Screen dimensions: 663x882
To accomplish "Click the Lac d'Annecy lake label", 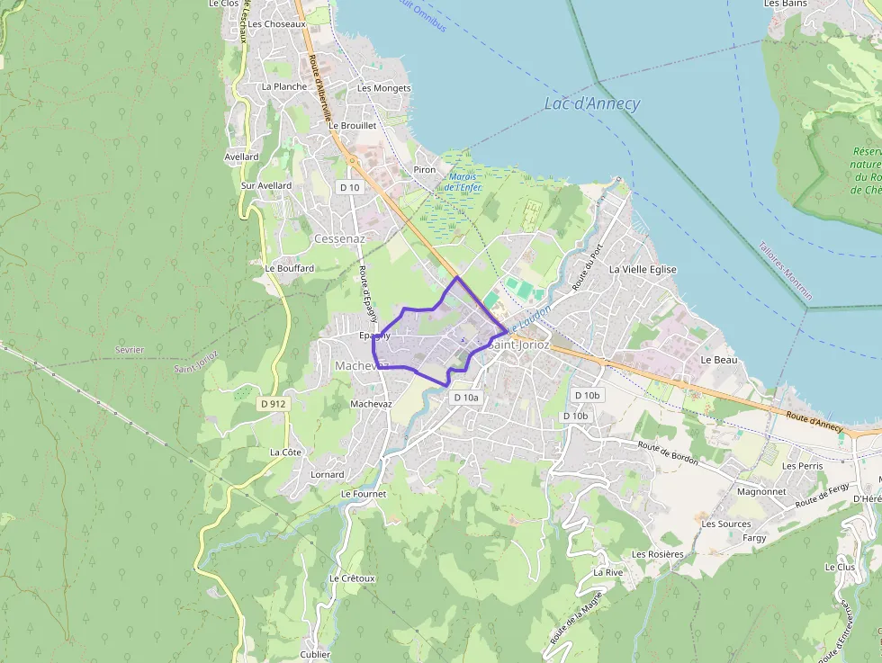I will (592, 103).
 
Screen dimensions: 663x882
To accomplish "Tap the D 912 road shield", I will (274, 404).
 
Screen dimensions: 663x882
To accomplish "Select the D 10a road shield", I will (467, 397).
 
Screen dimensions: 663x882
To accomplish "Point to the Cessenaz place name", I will (339, 239).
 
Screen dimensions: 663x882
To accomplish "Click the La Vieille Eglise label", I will (643, 269).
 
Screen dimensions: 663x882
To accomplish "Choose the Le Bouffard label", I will (290, 268).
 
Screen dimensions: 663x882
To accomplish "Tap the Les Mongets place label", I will (384, 88).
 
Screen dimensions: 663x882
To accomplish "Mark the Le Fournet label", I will (364, 494).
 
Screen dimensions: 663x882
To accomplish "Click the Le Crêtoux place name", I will (352, 578).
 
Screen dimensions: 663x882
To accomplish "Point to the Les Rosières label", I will (658, 554).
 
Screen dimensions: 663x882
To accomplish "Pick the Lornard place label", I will (328, 474).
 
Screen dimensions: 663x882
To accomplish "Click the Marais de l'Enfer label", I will (463, 182).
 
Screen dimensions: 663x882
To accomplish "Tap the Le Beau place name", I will (719, 359).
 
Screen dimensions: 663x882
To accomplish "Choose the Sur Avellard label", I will (266, 185).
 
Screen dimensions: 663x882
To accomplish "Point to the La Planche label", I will (284, 86).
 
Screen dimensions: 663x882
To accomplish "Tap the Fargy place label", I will (754, 538).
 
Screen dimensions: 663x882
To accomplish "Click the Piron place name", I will (425, 170).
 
